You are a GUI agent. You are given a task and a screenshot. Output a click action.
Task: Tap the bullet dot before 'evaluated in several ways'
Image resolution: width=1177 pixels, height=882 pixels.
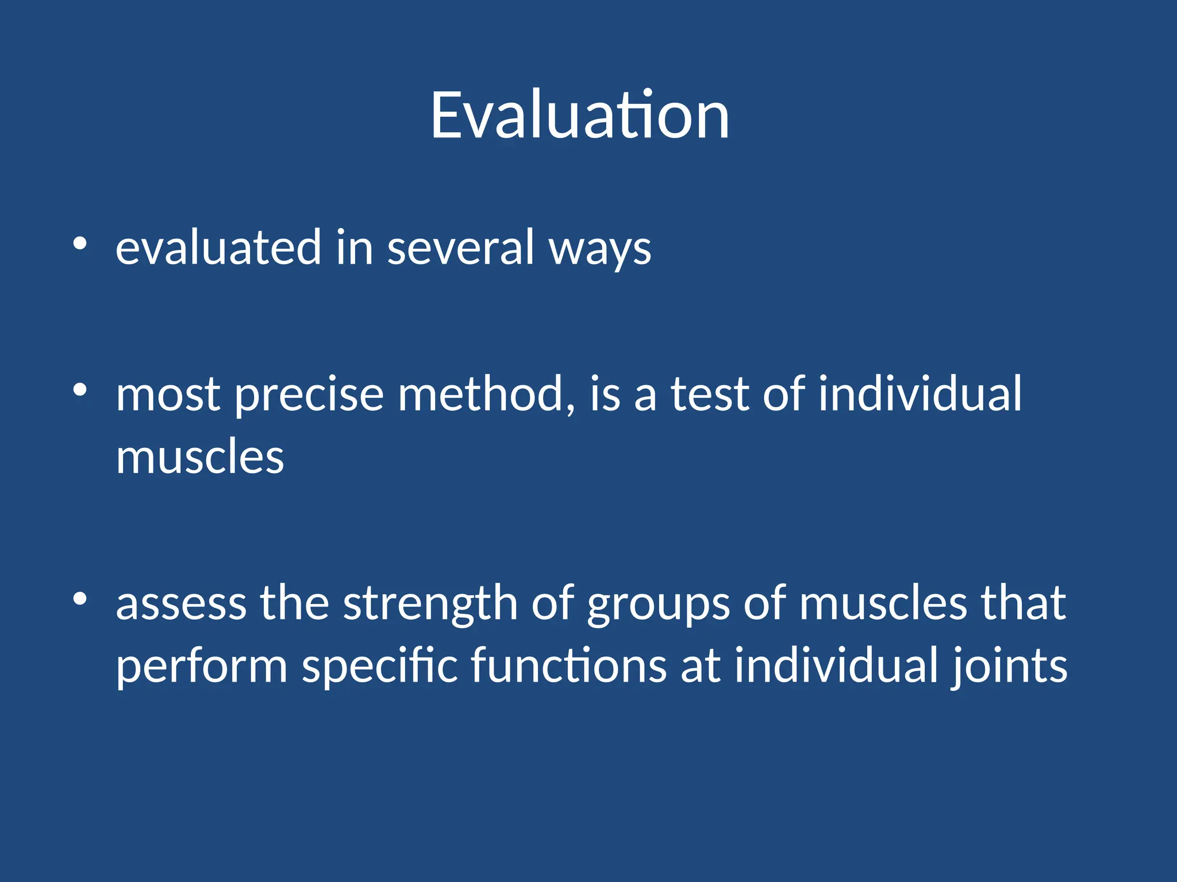(80, 244)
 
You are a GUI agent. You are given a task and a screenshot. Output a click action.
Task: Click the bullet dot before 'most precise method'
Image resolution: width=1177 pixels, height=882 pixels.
(80, 390)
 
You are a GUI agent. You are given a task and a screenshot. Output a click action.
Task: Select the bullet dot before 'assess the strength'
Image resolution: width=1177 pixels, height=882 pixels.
(80, 599)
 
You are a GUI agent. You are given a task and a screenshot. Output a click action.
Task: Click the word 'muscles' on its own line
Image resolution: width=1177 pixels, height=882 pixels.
(200, 457)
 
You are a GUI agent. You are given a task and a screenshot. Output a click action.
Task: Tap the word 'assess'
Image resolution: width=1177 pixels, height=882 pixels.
(181, 604)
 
